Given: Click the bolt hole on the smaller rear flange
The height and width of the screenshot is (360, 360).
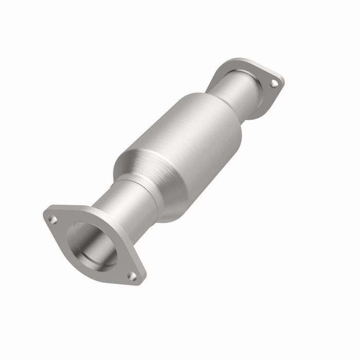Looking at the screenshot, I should (x=274, y=82).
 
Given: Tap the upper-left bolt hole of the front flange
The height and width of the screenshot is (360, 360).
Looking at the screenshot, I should (x=52, y=220).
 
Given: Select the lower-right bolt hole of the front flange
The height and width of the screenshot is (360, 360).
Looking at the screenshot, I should (x=132, y=276).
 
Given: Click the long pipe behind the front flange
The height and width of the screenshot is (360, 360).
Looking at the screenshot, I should (x=129, y=203).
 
